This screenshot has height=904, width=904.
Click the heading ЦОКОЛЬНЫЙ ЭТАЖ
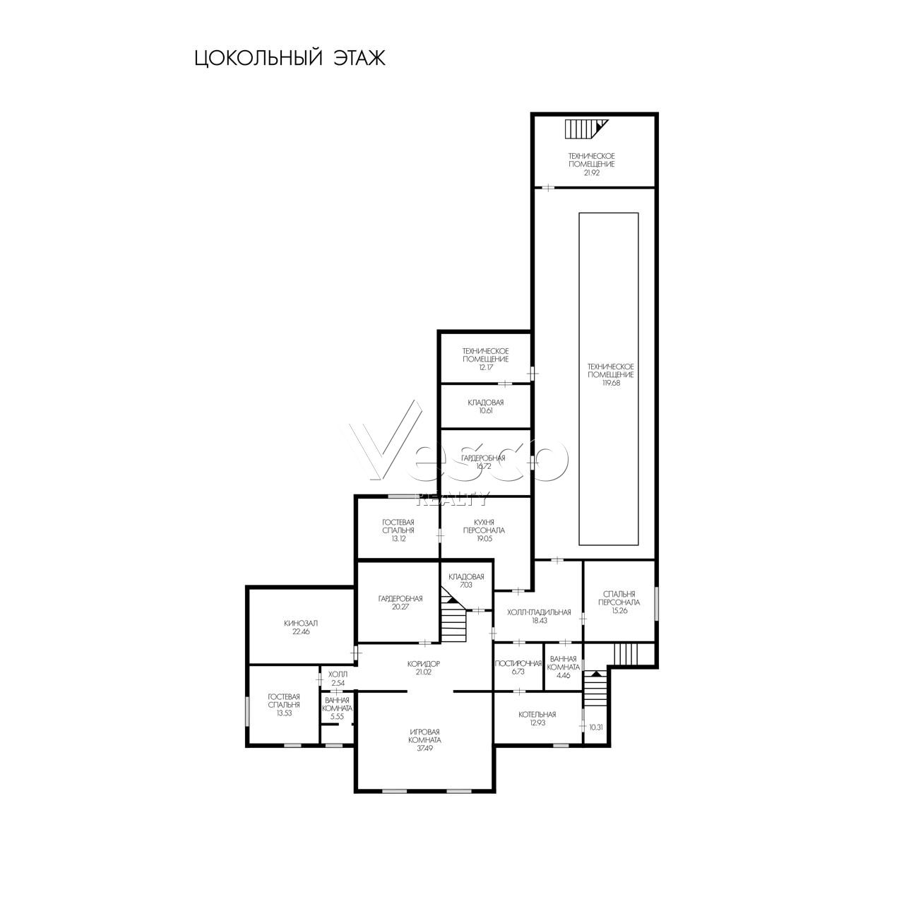tap(290, 58)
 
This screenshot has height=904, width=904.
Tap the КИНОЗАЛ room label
tap(301, 624)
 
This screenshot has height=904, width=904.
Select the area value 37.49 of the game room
tap(424, 748)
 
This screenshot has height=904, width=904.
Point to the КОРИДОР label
tap(424, 664)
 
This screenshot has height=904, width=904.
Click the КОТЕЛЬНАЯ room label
tap(537, 715)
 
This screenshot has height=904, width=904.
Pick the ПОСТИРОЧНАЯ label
tap(518, 663)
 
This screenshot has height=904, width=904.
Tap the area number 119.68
tap(611, 383)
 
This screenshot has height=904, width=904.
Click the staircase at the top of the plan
tap(586, 129)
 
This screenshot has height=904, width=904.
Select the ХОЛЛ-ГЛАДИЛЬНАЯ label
tap(539, 612)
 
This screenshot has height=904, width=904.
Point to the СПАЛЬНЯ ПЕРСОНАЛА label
tap(619, 598)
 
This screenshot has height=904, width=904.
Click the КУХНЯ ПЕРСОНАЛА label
tap(484, 526)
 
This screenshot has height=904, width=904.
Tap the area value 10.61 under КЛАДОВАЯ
tap(485, 410)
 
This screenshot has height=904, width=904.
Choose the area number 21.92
tap(592, 172)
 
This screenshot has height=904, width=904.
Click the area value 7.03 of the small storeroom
tap(466, 585)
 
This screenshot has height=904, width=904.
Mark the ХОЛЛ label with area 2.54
tap(338, 674)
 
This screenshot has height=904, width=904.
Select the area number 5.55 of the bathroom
tap(338, 717)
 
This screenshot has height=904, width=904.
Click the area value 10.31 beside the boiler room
tap(596, 727)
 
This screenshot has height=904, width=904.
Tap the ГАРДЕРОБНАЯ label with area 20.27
tap(400, 599)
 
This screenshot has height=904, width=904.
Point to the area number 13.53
tap(284, 713)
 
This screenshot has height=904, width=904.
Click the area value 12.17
tap(485, 367)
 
